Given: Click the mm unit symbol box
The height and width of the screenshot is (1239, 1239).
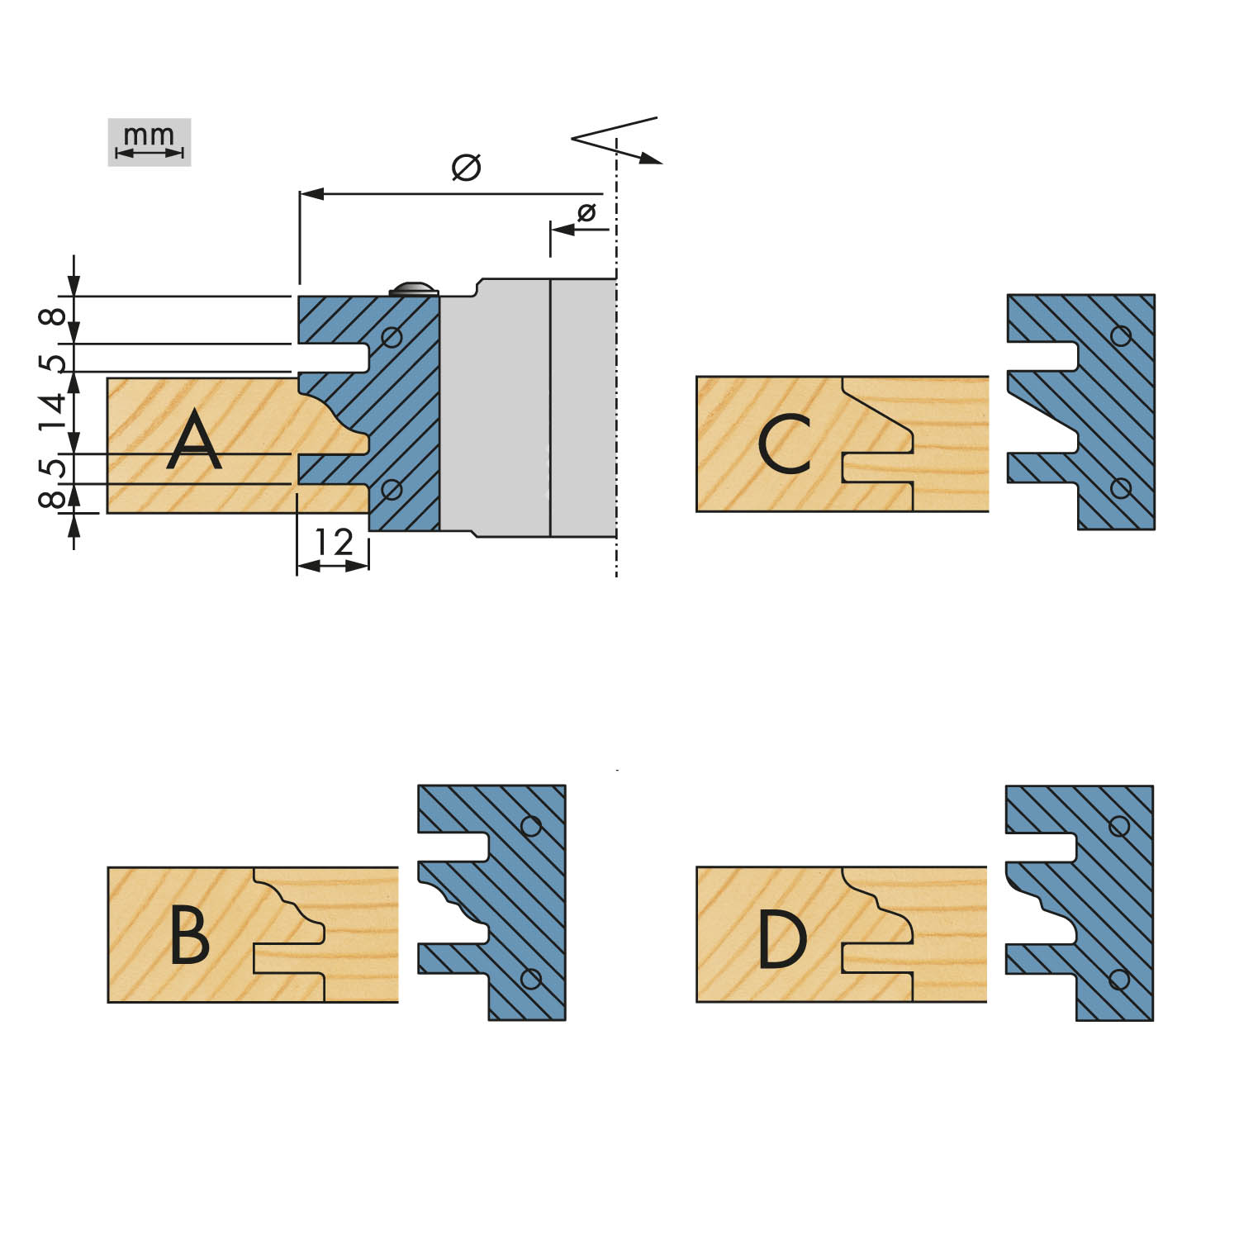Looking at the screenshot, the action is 150,142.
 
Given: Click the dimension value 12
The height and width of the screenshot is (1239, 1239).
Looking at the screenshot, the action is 334,542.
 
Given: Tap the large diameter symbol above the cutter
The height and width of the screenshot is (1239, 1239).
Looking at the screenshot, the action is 466,167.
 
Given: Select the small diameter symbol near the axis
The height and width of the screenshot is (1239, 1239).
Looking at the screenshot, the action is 586,212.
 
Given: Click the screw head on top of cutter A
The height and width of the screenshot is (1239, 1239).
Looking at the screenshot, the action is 414,287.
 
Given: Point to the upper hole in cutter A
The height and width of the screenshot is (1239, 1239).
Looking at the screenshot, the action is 392,337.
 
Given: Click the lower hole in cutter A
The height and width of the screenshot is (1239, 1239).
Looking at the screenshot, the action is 392,490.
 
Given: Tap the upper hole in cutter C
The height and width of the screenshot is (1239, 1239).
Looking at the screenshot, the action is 1121,335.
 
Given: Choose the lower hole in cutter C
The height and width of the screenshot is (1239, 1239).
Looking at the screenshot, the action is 1121,488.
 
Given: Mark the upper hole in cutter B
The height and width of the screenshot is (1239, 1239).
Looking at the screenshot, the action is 531,826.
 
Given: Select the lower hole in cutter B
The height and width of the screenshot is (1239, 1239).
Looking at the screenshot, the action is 531,979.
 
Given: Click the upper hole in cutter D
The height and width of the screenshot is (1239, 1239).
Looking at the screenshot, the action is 1119,826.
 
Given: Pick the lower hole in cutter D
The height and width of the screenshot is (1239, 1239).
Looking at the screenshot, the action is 1119,979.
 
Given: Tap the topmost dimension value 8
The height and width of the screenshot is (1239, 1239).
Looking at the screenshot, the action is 53,316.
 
